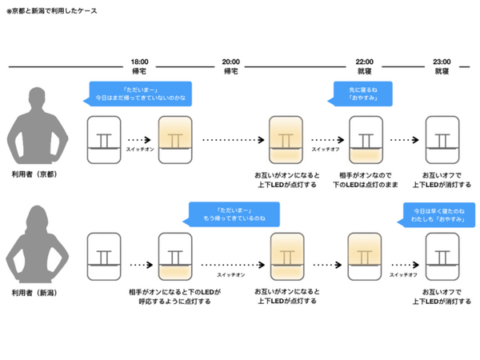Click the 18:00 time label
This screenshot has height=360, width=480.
pyautogui.click(x=140, y=61)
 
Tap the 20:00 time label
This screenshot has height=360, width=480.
pyautogui.click(x=230, y=61)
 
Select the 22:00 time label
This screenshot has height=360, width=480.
pyautogui.click(x=365, y=61)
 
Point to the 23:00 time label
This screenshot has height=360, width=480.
pyautogui.click(x=441, y=61)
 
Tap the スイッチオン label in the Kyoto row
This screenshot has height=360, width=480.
pyautogui.click(x=140, y=150)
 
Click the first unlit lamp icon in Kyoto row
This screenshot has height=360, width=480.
pyautogui.click(x=104, y=140)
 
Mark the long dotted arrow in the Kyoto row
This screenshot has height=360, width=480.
pyautogui.click(x=232, y=140)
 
